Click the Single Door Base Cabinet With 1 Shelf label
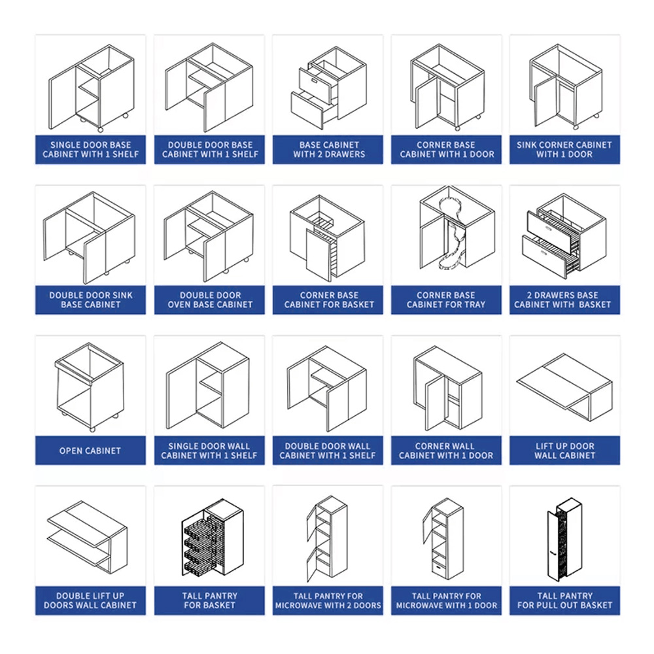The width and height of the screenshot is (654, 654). point(90,149)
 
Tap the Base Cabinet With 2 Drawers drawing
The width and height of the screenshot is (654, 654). point(329,88)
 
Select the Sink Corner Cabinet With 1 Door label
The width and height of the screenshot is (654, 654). point(564,149)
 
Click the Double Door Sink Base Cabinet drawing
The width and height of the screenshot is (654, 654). point(89,237)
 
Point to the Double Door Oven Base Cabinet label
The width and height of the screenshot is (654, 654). point(210,300)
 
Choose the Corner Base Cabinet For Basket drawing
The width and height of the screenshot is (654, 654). point(328,238)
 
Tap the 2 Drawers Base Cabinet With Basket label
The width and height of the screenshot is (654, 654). point(562,300)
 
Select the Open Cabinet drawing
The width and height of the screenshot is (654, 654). point(90,387)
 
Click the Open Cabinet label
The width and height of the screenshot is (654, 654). point(90,451)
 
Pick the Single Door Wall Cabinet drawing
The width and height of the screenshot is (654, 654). point(208,386)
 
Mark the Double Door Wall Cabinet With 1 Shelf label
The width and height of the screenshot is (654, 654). point(328,451)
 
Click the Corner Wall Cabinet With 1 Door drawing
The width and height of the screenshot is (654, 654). point(447,388)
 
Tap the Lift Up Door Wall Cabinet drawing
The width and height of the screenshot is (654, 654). point(565,387)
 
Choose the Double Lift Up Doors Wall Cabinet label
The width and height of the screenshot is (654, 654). point(90,600)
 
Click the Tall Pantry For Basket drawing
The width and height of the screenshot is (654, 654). point(213,538)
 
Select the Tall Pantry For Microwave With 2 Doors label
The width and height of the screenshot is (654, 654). point(328,600)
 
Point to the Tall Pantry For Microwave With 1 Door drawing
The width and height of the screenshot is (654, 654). point(443,538)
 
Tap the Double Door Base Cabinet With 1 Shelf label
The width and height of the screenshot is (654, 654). point(210,149)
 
